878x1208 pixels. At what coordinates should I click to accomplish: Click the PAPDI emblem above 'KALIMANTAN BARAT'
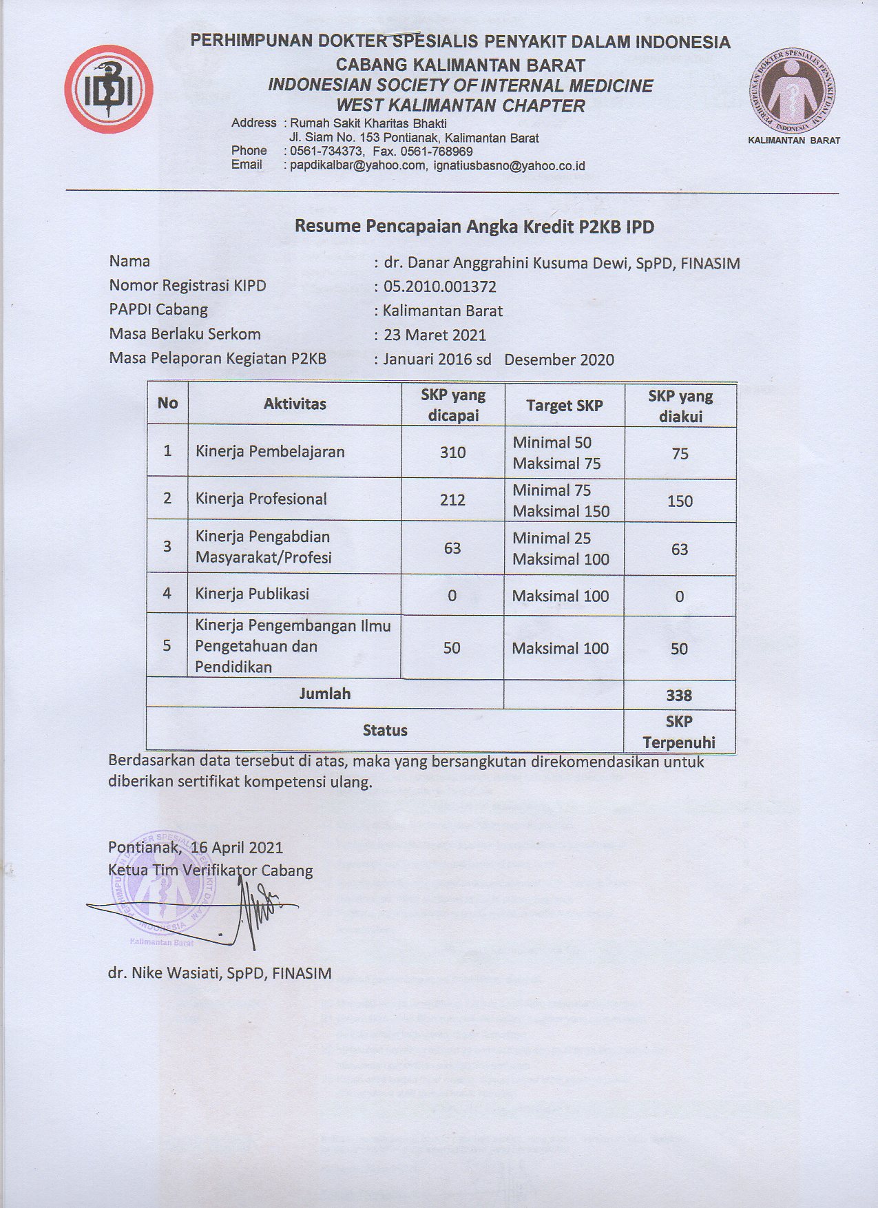(x=793, y=94)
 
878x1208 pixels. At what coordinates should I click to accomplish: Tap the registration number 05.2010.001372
(x=439, y=287)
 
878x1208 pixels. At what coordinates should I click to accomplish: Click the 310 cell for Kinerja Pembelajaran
(x=452, y=452)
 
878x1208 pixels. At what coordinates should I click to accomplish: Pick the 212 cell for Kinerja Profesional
(x=452, y=500)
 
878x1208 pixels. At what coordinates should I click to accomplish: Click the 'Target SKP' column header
(x=564, y=406)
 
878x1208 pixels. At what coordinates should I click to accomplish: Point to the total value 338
(x=679, y=696)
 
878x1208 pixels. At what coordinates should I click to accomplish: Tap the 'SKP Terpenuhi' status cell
(x=679, y=732)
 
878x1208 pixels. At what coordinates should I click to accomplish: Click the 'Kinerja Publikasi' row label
(x=252, y=594)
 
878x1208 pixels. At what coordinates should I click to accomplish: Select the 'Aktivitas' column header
(x=295, y=404)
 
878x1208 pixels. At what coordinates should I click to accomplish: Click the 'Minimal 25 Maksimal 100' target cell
(x=561, y=549)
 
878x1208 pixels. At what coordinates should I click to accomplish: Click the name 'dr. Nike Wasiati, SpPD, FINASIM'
(x=220, y=973)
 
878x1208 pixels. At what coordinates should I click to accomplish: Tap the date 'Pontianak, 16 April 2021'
(x=196, y=847)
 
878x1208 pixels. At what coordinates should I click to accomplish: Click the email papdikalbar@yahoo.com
(x=357, y=166)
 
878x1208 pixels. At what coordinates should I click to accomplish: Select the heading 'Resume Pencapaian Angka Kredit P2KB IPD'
(x=474, y=227)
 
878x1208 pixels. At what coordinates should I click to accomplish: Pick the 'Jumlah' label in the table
(x=324, y=694)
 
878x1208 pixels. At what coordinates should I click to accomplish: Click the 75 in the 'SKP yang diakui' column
(x=680, y=454)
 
